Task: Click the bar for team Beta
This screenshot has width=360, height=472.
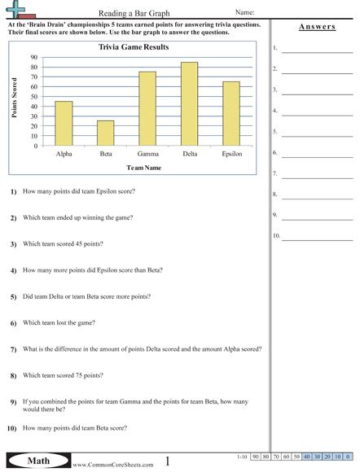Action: coord(105,133)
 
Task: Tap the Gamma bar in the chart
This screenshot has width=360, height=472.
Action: coord(147,109)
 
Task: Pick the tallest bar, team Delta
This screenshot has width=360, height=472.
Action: coord(189,104)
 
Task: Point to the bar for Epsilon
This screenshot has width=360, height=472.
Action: coord(231,114)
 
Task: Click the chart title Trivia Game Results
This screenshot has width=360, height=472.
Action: coord(134,48)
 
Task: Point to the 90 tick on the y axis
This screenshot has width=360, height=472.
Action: coord(33,58)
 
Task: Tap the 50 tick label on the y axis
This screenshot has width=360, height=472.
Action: coord(33,97)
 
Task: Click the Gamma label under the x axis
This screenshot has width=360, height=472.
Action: coord(147,153)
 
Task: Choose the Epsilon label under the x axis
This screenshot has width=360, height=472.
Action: coord(231,153)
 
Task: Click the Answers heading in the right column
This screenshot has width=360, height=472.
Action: coord(317,27)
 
